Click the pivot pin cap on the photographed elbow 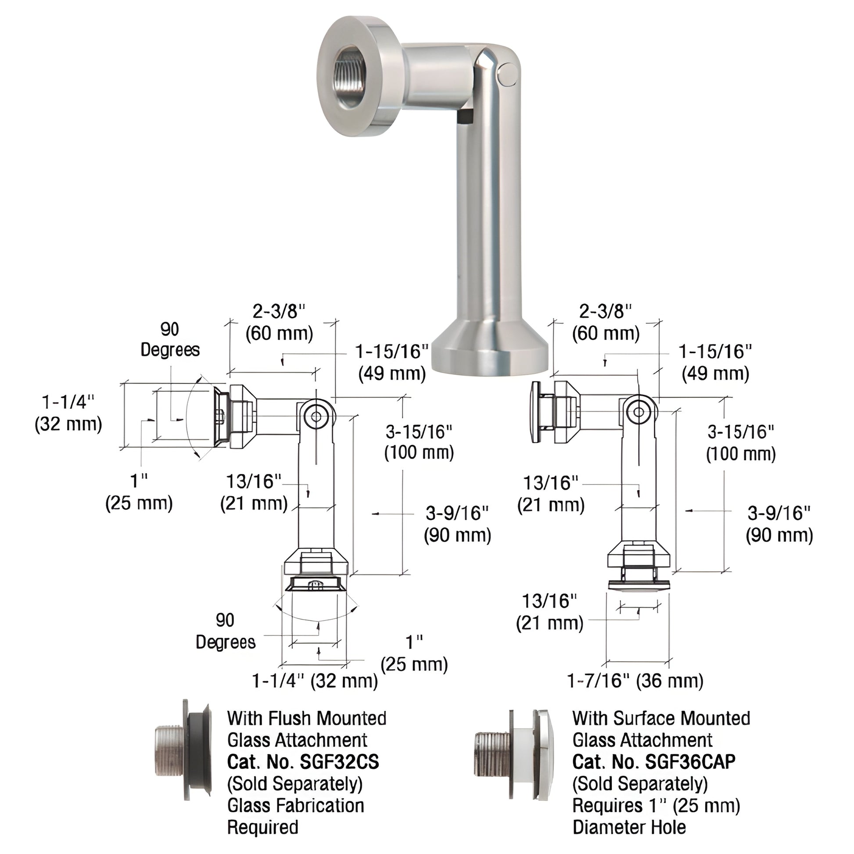pyautogui.click(x=508, y=75)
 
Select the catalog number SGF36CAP pyautogui.click(x=654, y=761)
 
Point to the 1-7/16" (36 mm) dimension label pyautogui.click(x=635, y=681)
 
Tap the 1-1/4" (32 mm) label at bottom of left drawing pyautogui.click(x=315, y=681)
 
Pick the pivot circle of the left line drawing pyautogui.click(x=316, y=416)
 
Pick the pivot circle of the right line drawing pyautogui.click(x=639, y=412)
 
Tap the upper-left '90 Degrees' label pyautogui.click(x=170, y=340)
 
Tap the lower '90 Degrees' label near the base pyautogui.click(x=226, y=631)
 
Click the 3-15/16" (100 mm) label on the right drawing pyautogui.click(x=740, y=442)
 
